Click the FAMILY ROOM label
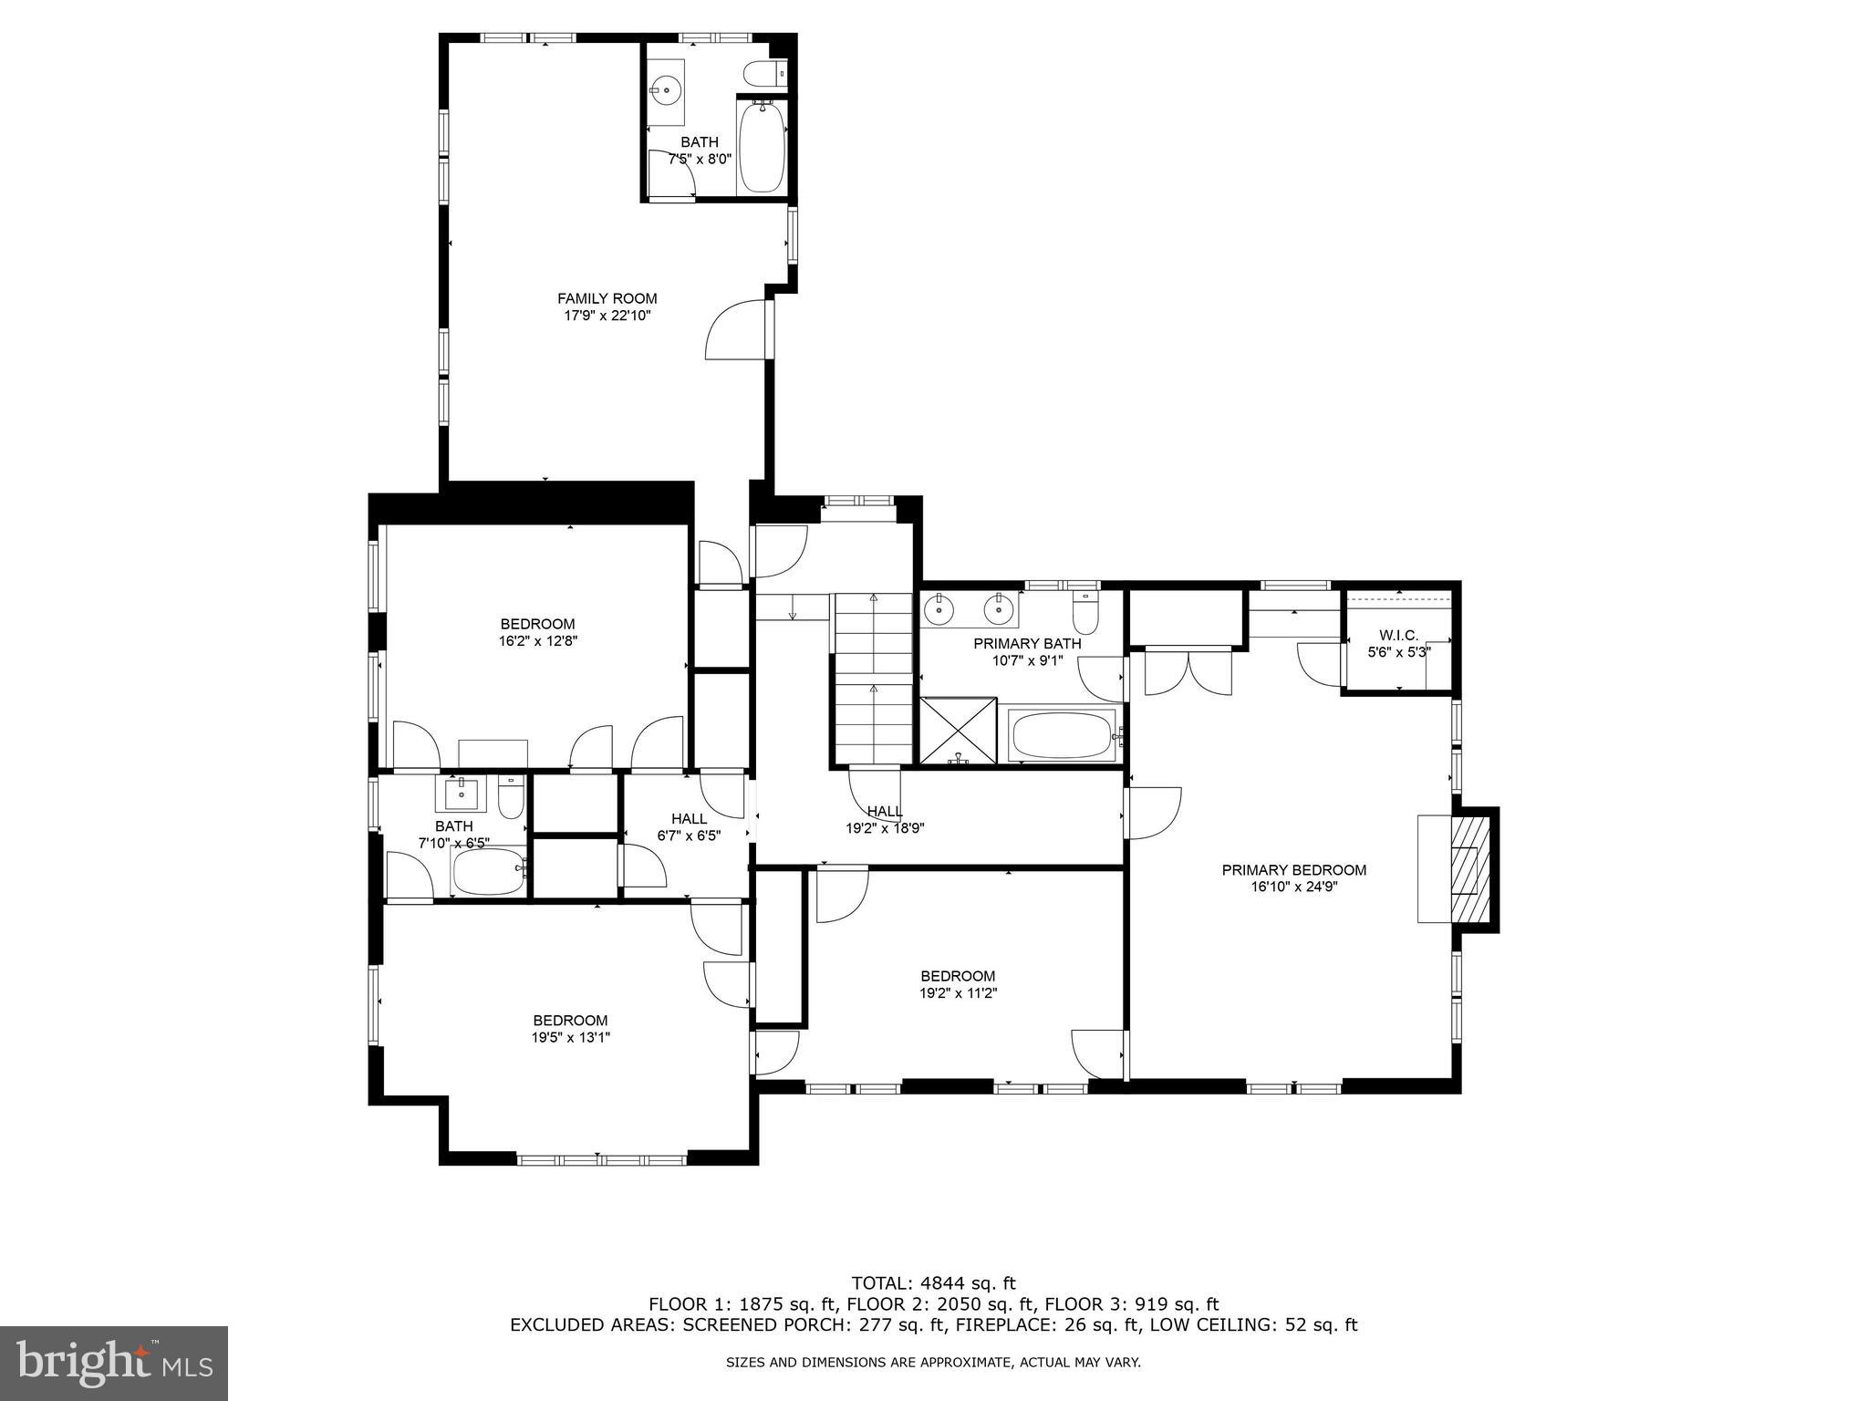(x=607, y=298)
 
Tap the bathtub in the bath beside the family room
(x=761, y=149)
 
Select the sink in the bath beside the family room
(x=666, y=89)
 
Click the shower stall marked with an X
(x=958, y=731)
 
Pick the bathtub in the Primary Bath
(x=1062, y=735)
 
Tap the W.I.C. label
(x=1398, y=635)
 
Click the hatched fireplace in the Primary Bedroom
(x=1468, y=868)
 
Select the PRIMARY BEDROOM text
(x=1293, y=870)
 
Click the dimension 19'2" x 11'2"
(x=957, y=993)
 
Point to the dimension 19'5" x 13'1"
(x=570, y=1037)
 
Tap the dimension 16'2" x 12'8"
(x=537, y=640)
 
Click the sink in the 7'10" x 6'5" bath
(x=462, y=794)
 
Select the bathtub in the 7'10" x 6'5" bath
(x=488, y=873)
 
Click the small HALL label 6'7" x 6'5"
(x=689, y=819)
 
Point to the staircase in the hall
(x=873, y=679)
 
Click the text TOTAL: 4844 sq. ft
(x=933, y=1283)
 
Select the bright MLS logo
(x=113, y=1363)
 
